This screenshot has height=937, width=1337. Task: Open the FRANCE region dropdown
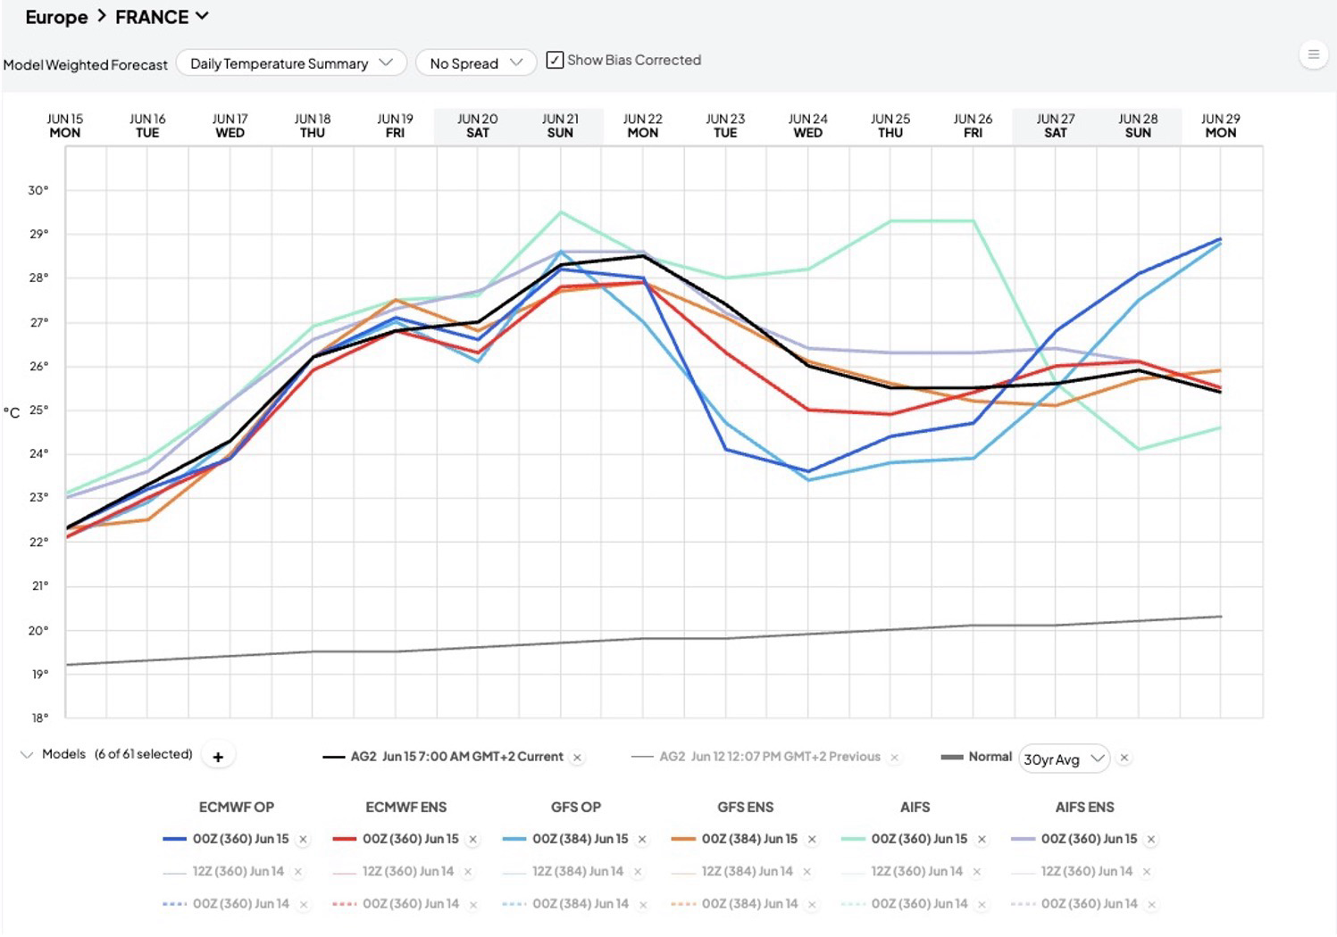click(x=161, y=17)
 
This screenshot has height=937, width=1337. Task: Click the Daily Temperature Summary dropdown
click(x=291, y=63)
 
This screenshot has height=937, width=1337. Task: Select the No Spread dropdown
click(x=476, y=63)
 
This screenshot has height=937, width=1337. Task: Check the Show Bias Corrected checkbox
click(x=555, y=61)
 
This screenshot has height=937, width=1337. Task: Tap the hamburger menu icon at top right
click(x=1313, y=54)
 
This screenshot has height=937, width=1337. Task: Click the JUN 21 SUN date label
click(x=560, y=126)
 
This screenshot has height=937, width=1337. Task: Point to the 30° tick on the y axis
click(x=38, y=190)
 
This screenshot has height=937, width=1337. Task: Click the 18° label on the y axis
click(x=39, y=718)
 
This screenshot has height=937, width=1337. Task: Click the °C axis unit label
click(x=12, y=412)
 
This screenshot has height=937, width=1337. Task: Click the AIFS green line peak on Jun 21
click(x=561, y=211)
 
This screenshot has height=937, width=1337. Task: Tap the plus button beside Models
click(x=218, y=757)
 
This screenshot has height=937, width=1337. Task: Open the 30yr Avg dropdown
click(x=1064, y=759)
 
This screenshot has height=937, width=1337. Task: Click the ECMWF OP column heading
click(x=237, y=807)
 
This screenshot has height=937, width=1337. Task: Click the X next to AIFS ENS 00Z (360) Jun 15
click(x=1151, y=840)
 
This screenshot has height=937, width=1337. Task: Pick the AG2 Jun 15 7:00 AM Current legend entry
click(x=443, y=757)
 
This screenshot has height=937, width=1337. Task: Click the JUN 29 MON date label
click(x=1221, y=126)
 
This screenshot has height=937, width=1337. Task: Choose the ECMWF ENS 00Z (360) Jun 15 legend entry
click(x=395, y=839)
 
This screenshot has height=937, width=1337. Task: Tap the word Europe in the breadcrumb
click(x=56, y=17)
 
